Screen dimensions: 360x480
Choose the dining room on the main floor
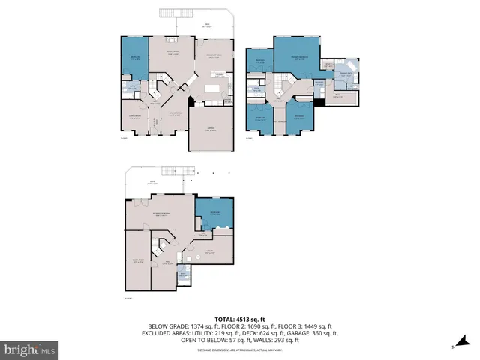coord(172,116)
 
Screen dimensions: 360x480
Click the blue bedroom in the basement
coord(214,213)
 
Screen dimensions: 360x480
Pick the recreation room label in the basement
coord(160,214)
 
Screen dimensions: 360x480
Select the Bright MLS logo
coord(30,349)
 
